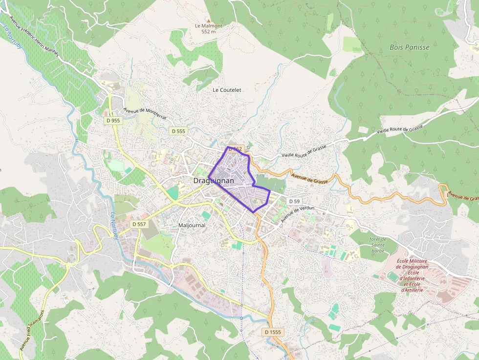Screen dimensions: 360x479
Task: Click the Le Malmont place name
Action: [208, 26]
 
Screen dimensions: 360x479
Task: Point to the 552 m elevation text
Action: [208, 32]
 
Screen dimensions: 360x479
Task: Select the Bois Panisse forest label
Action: [409, 47]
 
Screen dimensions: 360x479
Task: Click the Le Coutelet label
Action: [227, 90]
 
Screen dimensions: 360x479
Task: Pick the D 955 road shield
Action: [113, 120]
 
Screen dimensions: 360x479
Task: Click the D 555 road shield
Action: [178, 131]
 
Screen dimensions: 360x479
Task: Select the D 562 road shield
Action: [235, 148]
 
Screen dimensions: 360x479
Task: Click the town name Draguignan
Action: [214, 181]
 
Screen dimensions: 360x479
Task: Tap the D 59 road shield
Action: [294, 201]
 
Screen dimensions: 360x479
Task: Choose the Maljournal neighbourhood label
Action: [192, 226]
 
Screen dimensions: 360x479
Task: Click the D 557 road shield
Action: [139, 224]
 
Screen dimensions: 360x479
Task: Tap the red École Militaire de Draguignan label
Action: [412, 275]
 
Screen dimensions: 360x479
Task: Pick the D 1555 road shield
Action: [273, 332]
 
